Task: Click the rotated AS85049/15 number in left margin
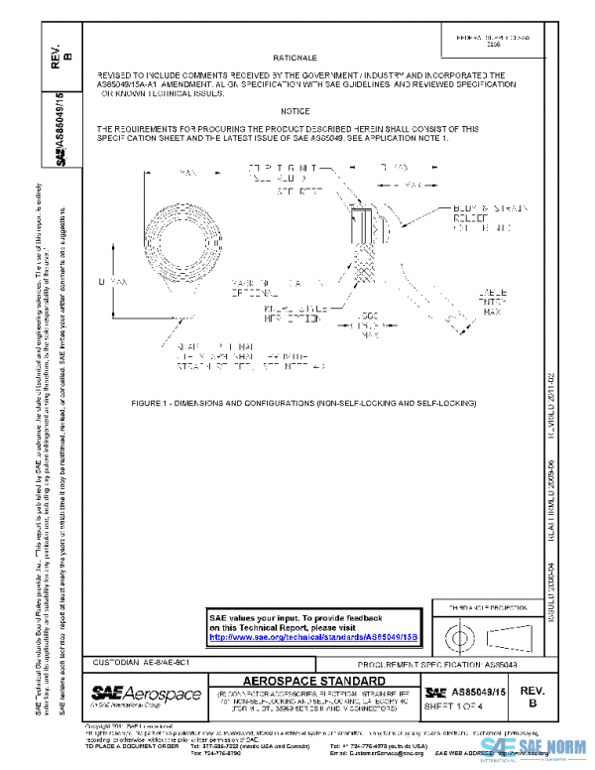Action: [x=61, y=124]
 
